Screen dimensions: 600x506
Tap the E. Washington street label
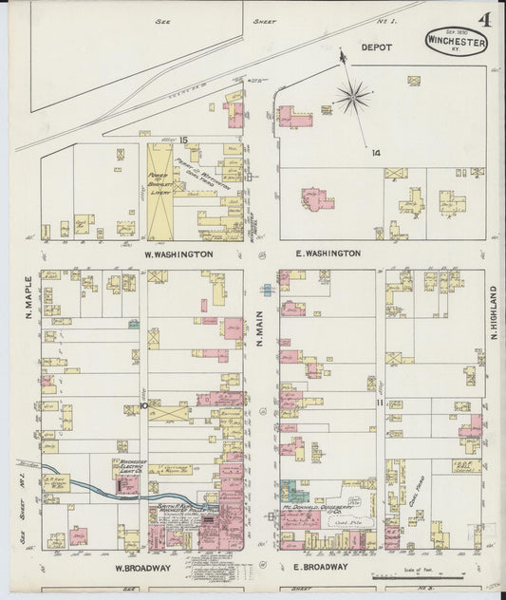[x=328, y=253]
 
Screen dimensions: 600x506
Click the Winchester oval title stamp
[x=456, y=43]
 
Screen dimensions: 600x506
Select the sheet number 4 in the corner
[x=485, y=18]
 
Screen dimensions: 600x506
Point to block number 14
[x=376, y=152]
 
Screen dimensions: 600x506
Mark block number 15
[x=183, y=141]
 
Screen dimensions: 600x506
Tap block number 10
[x=144, y=406]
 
